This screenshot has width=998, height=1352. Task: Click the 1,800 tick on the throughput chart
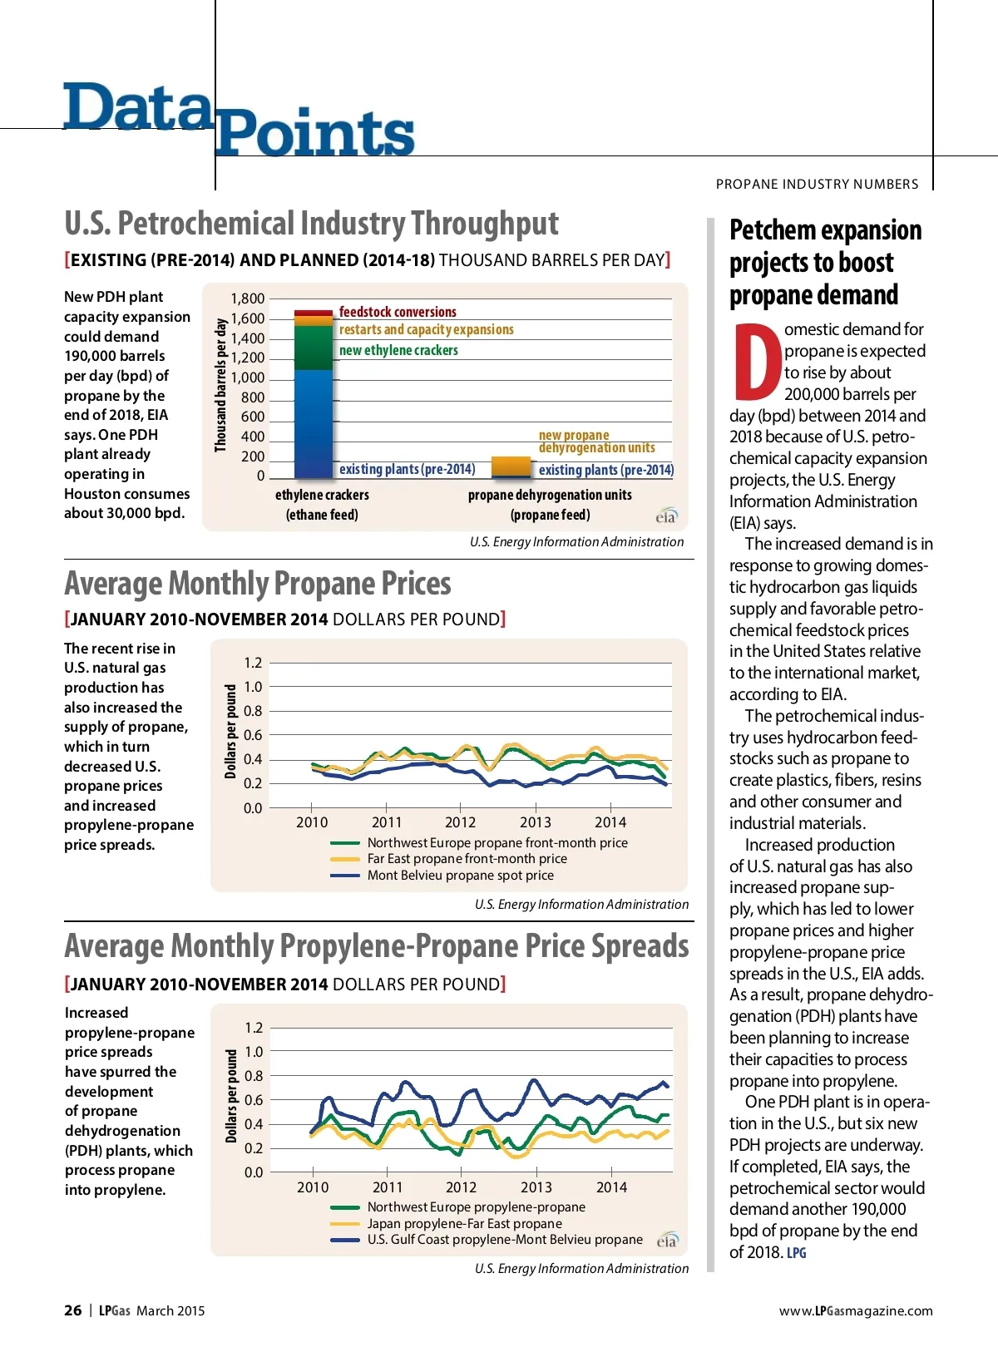tap(248, 299)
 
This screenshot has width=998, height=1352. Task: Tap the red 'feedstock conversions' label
tap(398, 313)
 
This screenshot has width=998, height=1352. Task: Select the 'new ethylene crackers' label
tap(398, 351)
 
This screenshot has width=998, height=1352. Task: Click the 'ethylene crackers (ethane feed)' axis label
tap(322, 505)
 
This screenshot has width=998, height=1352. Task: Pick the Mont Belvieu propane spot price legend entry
tap(460, 876)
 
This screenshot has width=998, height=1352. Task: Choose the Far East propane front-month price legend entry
tap(467, 859)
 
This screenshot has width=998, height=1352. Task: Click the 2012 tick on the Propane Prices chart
tap(460, 822)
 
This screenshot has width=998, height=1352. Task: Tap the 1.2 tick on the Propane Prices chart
tap(253, 663)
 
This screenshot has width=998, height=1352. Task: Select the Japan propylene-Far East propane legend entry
tap(464, 1224)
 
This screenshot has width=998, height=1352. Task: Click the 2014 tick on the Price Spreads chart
tap(611, 1187)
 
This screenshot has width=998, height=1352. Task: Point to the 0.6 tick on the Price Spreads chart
tap(254, 1100)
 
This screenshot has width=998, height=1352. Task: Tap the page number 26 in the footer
tap(73, 1310)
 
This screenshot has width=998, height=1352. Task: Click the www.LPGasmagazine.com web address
tap(856, 1311)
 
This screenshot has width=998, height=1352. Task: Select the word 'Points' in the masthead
tap(314, 133)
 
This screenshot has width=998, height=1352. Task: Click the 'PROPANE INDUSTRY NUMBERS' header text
tap(817, 184)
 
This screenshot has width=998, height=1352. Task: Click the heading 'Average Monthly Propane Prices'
tap(258, 584)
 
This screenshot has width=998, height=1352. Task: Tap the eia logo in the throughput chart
tap(666, 516)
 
